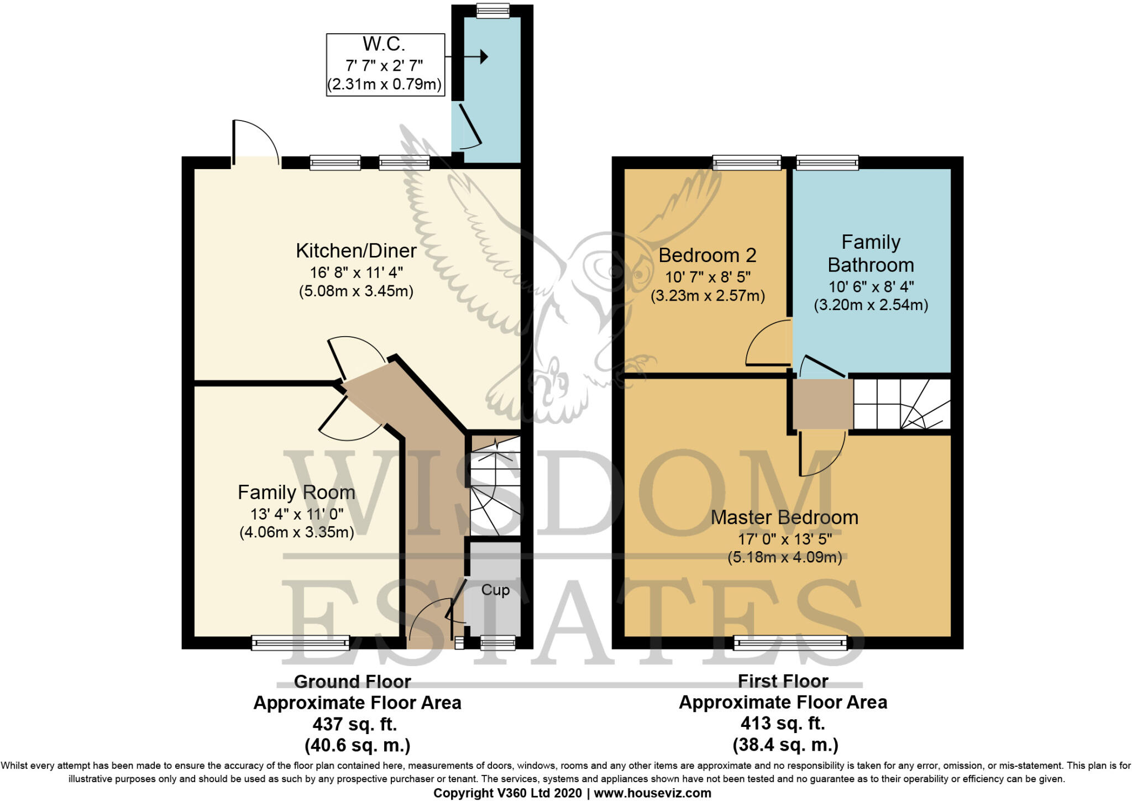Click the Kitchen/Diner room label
pos(356,251)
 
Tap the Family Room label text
pos(296,493)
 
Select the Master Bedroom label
pos(784,517)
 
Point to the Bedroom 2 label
pos(707,255)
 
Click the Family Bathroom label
pos(871,254)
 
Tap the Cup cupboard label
pos(495,590)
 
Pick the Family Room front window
pos(301,642)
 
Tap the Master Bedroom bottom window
pos(790,642)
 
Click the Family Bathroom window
pos(827,162)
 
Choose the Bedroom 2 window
pos(747,162)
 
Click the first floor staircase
pos(901,404)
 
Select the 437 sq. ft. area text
pos(355,724)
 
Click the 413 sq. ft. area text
pos(783,723)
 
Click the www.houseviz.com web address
pos(652,793)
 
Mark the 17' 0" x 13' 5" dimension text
pos(785,538)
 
